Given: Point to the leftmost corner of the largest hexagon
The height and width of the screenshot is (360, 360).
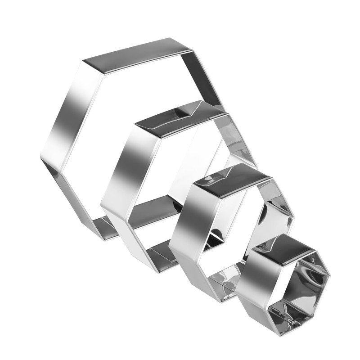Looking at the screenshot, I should tap(43, 157).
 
